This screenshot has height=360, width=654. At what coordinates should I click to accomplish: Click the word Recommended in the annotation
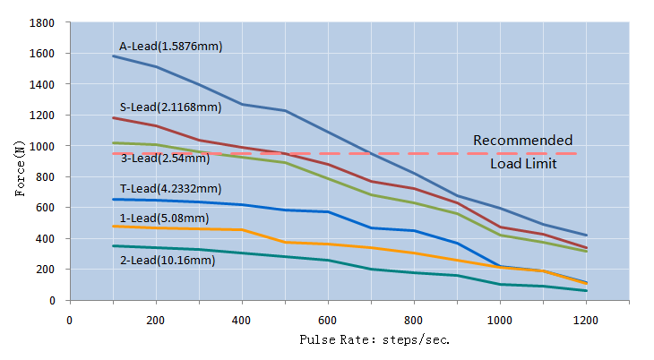coord(522,140)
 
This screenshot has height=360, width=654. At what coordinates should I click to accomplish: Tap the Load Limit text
coord(522,164)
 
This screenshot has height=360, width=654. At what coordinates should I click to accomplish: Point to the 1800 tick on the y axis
coord(43,22)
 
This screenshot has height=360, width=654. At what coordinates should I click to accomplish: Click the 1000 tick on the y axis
coord(43,146)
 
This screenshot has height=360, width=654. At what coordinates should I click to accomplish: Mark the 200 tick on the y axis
coord(47,270)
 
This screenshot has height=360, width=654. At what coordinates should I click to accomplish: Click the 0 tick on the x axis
coord(70,318)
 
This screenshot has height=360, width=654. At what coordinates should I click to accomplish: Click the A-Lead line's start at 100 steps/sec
coord(113,56)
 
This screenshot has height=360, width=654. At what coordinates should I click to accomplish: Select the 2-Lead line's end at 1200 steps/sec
coord(586,291)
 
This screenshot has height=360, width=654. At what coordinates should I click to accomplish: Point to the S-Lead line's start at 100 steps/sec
coord(113,118)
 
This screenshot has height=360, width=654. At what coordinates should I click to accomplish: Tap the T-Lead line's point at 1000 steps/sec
coord(500,266)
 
